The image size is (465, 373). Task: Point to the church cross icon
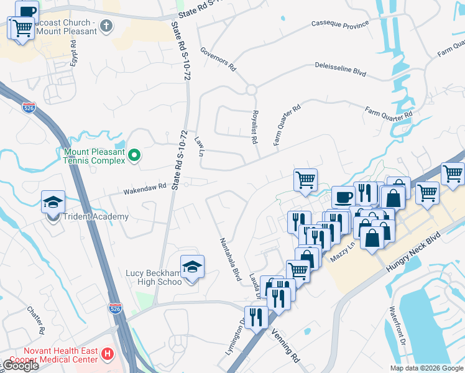pos(106,26)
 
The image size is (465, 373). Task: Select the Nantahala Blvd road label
pos(229,259)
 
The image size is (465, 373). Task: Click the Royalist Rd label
pos(254,127)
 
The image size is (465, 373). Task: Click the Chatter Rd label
pos(35,318)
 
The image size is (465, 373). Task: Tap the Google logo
pos(20,366)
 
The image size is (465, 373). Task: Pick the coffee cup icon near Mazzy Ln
pos(343,196)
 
